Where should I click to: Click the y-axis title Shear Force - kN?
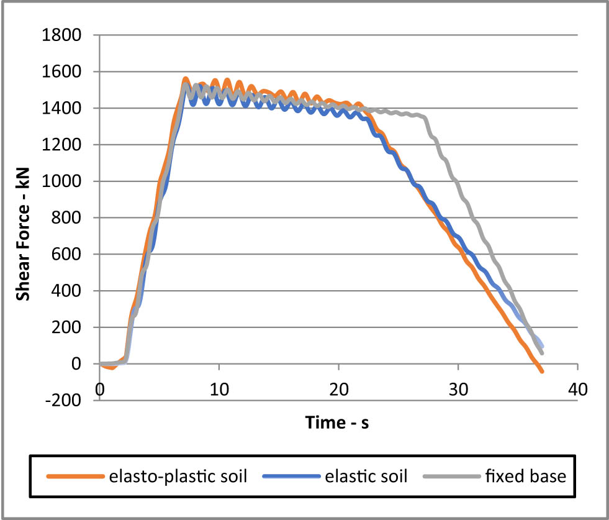(x=23, y=217)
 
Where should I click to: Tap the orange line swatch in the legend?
(x=73, y=477)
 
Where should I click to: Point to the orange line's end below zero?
(x=541, y=371)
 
